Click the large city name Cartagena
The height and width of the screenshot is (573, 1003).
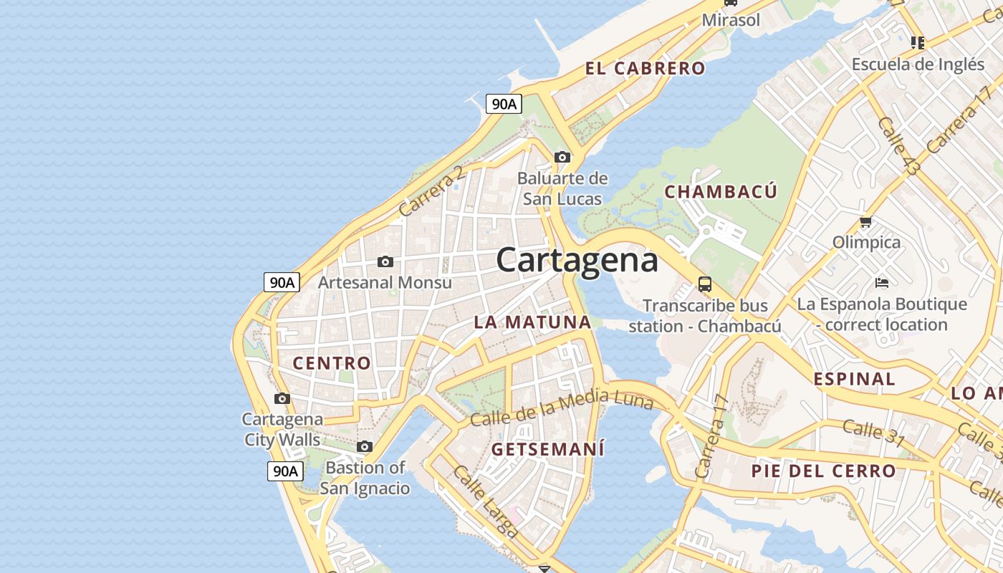(x=577, y=259)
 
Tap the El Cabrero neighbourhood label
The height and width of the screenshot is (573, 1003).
(x=645, y=69)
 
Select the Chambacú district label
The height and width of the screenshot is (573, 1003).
(x=720, y=191)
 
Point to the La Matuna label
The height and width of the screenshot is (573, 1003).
(x=532, y=322)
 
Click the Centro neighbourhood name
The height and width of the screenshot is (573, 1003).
(x=332, y=363)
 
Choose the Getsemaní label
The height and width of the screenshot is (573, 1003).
(x=548, y=450)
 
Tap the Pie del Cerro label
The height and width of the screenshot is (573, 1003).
(x=823, y=471)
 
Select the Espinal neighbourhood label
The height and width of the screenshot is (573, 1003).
(x=854, y=380)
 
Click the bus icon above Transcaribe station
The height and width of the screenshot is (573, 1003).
(x=705, y=284)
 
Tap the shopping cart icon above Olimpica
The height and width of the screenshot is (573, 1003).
(x=865, y=222)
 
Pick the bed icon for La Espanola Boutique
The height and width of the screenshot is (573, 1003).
(x=882, y=283)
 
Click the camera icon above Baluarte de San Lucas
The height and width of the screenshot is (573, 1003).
(x=562, y=157)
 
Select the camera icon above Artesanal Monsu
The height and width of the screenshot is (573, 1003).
(x=385, y=261)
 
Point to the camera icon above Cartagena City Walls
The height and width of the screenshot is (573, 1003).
(x=282, y=398)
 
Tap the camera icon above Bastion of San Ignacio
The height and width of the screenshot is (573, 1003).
(x=365, y=447)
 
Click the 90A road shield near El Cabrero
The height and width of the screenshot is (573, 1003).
(x=504, y=104)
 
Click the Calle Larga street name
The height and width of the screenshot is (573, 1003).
(x=485, y=501)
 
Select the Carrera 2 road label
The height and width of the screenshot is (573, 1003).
(x=432, y=191)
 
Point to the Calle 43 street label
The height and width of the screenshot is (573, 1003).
(x=898, y=146)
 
